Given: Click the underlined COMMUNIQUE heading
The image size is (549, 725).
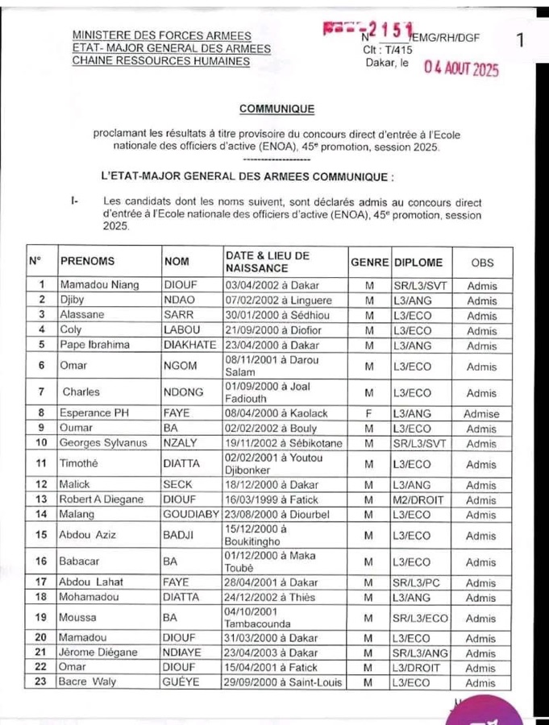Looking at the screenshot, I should pyautogui.click(x=277, y=107).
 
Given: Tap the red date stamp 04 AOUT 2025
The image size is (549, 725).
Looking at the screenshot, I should pyautogui.click(x=462, y=69).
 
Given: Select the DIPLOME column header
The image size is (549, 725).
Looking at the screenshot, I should pyautogui.click(x=419, y=262).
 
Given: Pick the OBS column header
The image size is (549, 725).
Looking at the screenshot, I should pyautogui.click(x=482, y=262).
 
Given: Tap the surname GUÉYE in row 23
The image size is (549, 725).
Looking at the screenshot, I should pyautogui.click(x=186, y=682).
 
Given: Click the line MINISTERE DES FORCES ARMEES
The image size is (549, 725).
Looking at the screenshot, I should pyautogui.click(x=162, y=36).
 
